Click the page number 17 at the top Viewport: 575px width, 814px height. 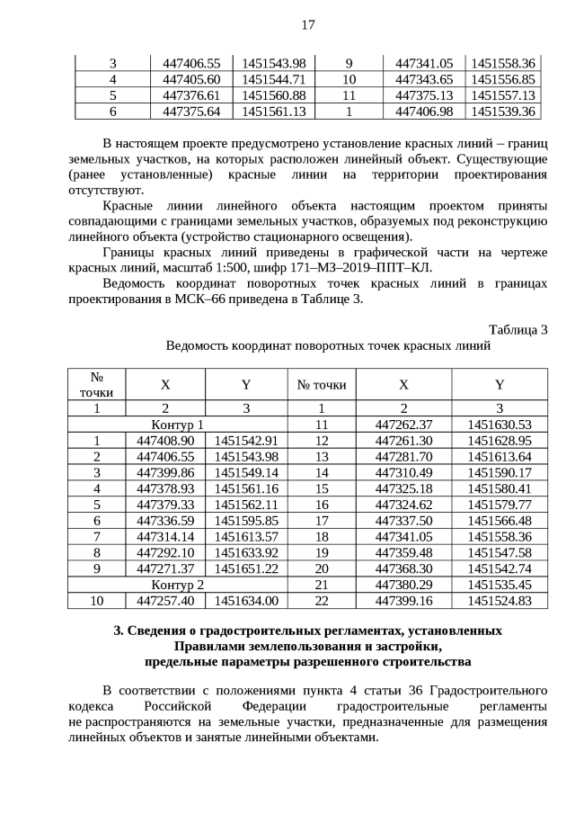coord(307,24)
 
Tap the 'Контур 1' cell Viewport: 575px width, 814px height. coord(178,425)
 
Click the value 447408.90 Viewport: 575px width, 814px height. coord(165,441)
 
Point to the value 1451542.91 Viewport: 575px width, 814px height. coord(246,441)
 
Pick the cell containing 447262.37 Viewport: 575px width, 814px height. coord(403,425)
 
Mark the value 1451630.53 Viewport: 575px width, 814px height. coord(500,425)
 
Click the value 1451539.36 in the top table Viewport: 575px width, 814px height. coord(502,112)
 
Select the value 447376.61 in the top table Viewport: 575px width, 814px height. coord(190,95)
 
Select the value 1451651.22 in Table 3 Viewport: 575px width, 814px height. coord(246,569)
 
